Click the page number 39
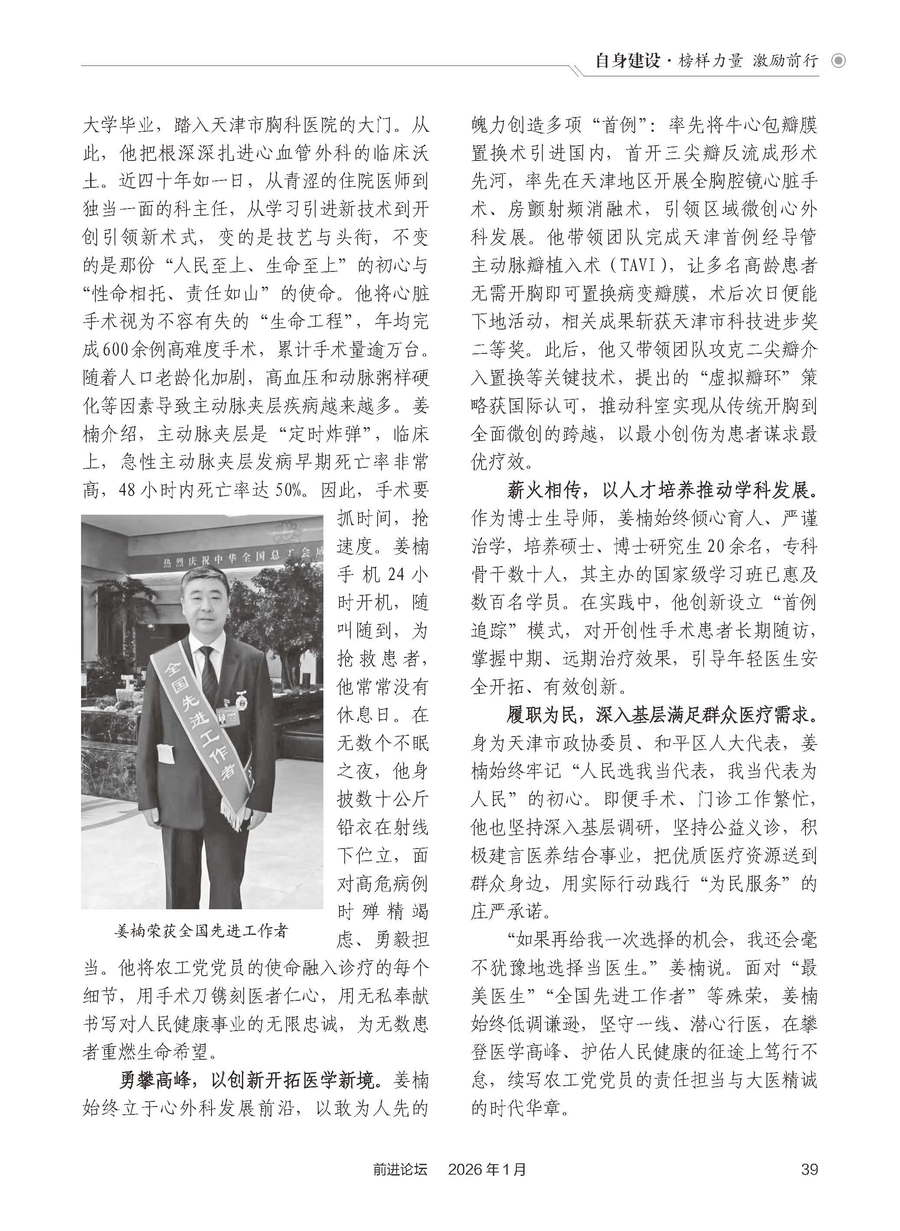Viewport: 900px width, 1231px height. coord(809,1169)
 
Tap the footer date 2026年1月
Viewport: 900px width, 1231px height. coord(488,1169)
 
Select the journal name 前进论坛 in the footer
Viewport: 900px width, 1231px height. coord(401,1169)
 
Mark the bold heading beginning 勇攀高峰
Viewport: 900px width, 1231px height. coord(248,1080)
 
